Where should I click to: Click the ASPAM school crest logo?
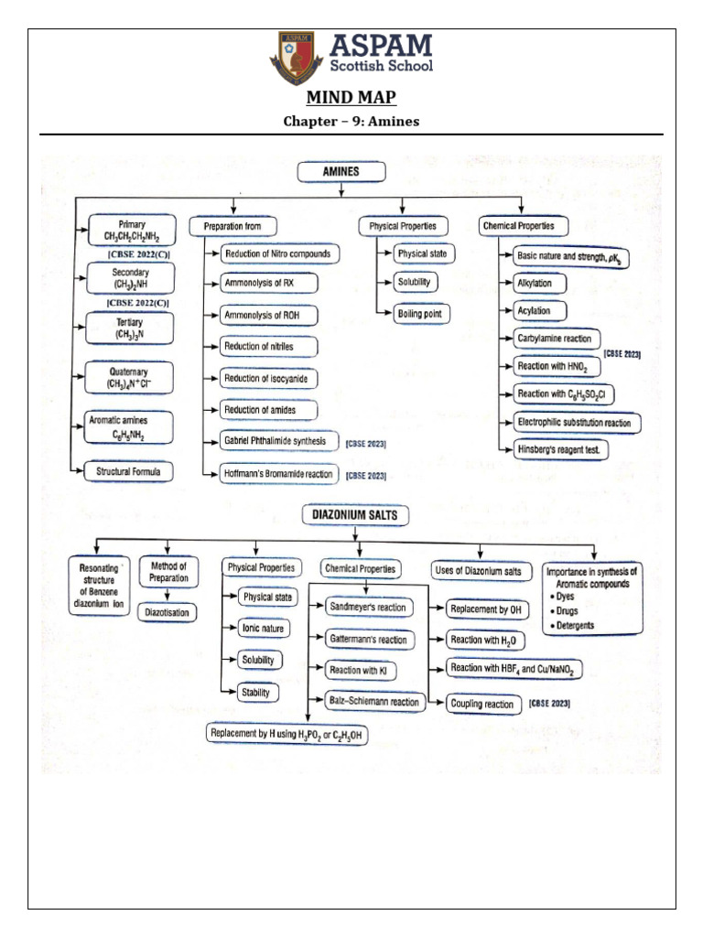[x=296, y=59]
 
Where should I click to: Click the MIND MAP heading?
[x=351, y=99]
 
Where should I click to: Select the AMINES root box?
[x=341, y=172]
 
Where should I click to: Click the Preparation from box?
[x=233, y=225]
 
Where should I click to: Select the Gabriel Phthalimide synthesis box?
[x=274, y=442]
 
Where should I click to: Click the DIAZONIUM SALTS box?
[x=357, y=516]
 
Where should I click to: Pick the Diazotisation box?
[x=167, y=612]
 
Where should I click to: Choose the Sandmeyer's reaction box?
[x=368, y=608]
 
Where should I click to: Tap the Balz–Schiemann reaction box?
[x=375, y=703]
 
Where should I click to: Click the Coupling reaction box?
[x=481, y=704]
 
